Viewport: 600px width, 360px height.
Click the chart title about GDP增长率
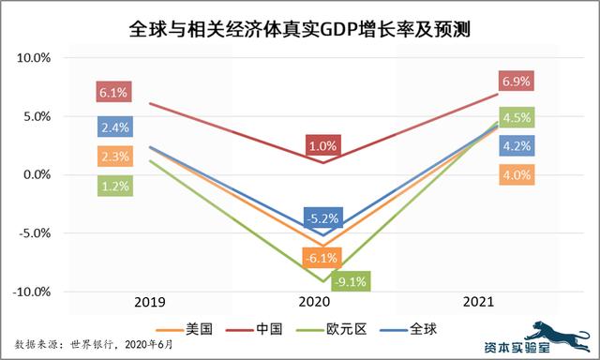[299, 30]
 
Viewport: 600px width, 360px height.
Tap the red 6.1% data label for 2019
[114, 93]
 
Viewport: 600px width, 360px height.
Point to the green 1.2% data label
[114, 187]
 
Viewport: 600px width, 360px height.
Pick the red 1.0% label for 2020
[321, 146]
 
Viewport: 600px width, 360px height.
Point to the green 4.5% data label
[517, 118]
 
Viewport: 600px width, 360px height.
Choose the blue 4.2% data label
[517, 145]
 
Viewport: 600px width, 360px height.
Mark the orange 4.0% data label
[517, 174]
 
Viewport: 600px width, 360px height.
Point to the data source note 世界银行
[83, 344]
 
